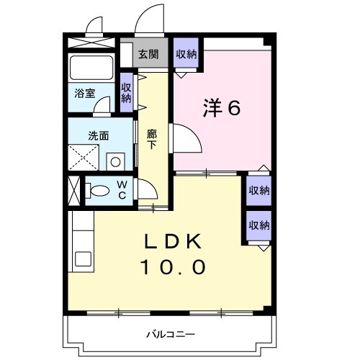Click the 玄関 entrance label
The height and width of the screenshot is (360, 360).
click(149, 54)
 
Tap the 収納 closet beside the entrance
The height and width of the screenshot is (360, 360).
click(187, 54)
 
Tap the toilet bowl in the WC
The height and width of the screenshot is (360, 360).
click(99, 192)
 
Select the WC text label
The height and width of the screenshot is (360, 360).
click(122, 191)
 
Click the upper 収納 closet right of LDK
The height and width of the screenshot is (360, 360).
click(259, 191)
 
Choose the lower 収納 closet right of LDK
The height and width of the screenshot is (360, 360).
click(259, 225)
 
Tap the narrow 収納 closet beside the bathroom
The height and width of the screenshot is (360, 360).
click(127, 92)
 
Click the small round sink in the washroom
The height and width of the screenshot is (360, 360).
click(115, 160)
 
